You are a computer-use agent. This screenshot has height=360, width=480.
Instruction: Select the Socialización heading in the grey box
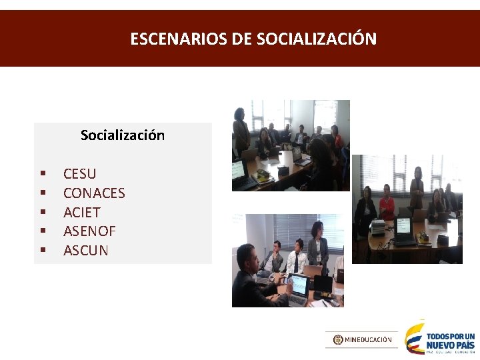pyautogui.click(x=123, y=135)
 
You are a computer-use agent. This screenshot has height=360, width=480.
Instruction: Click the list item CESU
pyautogui.click(x=79, y=174)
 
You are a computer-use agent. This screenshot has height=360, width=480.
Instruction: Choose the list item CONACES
pyautogui.click(x=94, y=193)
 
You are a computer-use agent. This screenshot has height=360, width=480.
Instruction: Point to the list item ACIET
pyautogui.click(x=81, y=213)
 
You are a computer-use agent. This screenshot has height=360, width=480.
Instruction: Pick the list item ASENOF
pyautogui.click(x=89, y=232)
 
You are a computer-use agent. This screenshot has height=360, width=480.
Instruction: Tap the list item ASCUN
pyautogui.click(x=85, y=251)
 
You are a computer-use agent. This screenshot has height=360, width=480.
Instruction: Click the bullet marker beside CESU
pyautogui.click(x=42, y=174)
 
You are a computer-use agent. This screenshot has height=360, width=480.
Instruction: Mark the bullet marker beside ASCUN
pyautogui.click(x=42, y=251)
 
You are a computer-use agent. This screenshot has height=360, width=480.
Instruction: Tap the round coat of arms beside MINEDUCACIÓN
pyautogui.click(x=338, y=339)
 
